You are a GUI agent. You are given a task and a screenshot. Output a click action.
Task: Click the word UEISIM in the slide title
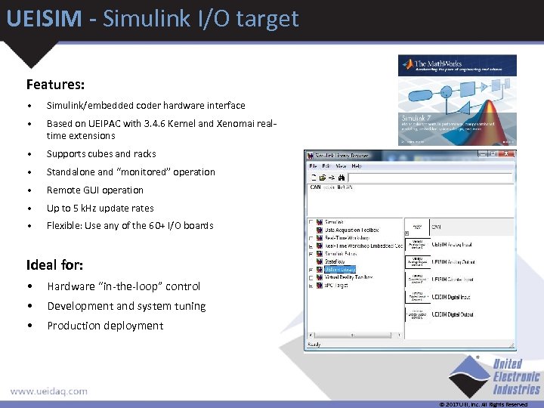[x=42, y=18]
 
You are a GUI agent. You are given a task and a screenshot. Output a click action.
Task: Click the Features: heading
[x=55, y=85]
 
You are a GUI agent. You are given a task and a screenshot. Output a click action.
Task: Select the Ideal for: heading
[x=54, y=265]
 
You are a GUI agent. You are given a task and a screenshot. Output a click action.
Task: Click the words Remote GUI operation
[x=94, y=190]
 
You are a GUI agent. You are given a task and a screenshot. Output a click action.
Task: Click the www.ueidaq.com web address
[x=48, y=391]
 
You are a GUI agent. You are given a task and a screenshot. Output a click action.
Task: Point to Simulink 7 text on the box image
[x=416, y=118]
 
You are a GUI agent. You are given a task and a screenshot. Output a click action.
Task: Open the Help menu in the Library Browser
[x=357, y=166]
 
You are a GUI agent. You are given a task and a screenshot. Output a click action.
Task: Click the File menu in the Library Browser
[x=313, y=166]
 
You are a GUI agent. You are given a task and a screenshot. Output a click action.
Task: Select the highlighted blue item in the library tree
[x=339, y=269]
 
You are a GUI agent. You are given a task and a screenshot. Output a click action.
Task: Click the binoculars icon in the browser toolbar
[x=342, y=177]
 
